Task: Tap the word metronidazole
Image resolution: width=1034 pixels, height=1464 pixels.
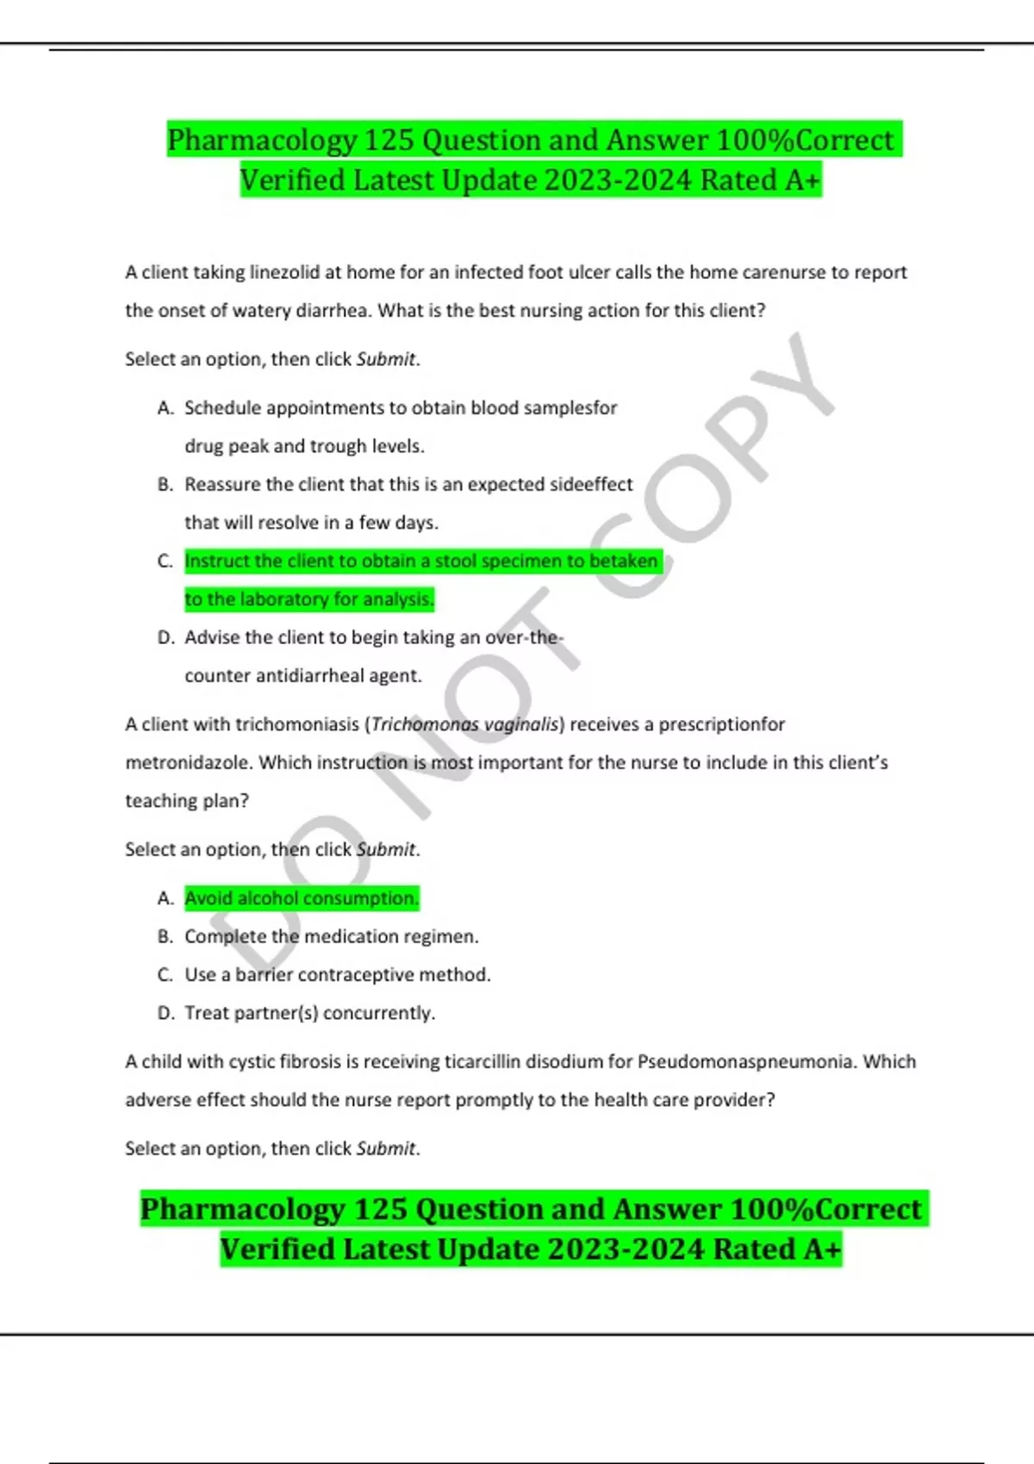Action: coord(189,763)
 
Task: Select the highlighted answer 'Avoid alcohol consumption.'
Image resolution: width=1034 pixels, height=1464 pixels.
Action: coord(302,898)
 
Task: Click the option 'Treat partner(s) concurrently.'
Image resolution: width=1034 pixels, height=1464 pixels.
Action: coord(309,1014)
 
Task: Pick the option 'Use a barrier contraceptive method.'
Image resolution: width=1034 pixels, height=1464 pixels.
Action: coord(337,975)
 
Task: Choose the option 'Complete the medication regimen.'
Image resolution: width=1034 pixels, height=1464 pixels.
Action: coord(331,937)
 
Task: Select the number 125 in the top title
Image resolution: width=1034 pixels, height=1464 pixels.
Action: coord(390,140)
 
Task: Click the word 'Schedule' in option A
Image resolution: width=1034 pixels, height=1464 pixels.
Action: coord(222,408)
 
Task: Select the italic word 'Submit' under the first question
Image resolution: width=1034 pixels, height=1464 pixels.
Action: coord(385,360)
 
